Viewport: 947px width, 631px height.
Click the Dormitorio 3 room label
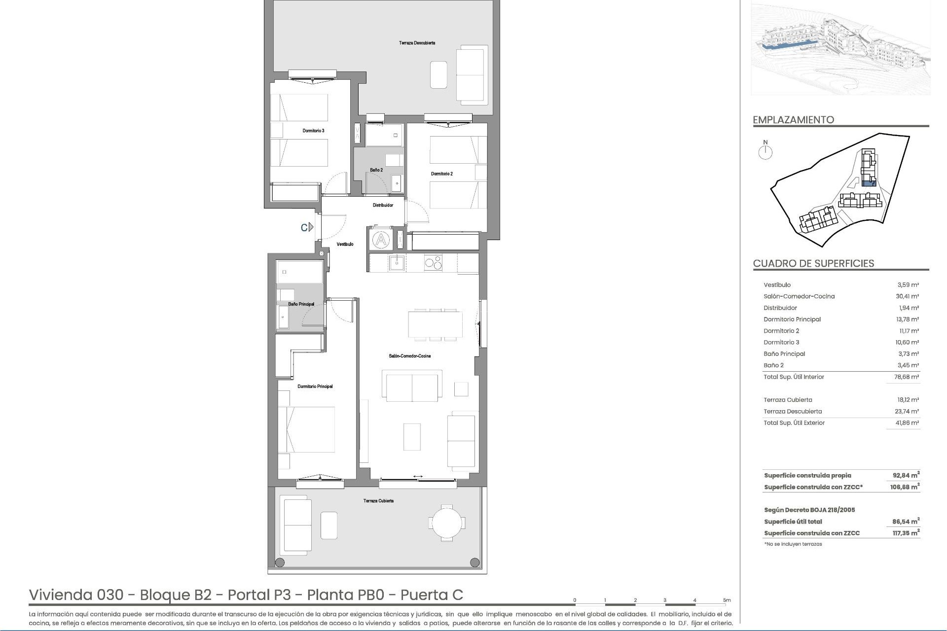pos(313,131)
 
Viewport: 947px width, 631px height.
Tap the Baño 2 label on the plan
pos(376,170)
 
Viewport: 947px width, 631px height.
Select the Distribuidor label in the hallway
pos(383,205)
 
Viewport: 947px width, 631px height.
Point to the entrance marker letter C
pos(305,227)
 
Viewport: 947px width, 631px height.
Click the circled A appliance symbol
pos(381,240)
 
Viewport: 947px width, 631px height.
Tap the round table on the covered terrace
pos(446,523)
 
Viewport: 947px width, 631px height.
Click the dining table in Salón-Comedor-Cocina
pos(435,324)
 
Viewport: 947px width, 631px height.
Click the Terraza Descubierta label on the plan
pos(417,43)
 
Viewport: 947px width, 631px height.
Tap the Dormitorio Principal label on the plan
pos(315,386)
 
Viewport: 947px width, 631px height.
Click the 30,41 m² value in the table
pos(907,296)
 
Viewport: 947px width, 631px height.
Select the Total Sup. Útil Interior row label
pos(794,377)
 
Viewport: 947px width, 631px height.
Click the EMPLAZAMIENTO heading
pos(793,120)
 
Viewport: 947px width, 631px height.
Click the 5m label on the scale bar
pos(727,600)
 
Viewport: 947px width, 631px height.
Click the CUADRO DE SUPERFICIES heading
pos(813,263)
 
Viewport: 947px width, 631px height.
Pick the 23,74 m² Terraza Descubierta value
pos(907,411)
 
